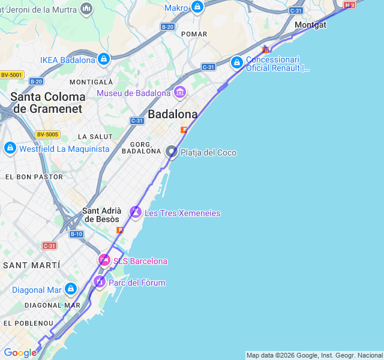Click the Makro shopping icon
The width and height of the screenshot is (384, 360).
coord(197,7)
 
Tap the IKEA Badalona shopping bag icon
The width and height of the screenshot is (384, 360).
coord(104,59)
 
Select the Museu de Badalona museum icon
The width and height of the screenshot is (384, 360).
coord(179,92)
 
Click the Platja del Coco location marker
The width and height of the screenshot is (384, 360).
coord(172,152)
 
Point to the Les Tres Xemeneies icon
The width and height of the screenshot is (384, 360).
coord(136,212)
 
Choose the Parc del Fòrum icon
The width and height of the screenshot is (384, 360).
coord(100,282)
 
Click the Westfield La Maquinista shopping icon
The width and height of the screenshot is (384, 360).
coord(10,148)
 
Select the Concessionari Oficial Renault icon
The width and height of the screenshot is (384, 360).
coord(237,62)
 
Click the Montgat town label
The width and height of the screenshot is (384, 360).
coord(310,25)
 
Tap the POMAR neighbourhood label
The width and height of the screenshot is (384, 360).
coord(194,34)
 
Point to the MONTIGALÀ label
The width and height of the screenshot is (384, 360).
coord(91,82)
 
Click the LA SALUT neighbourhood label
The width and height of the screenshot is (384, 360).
coord(91,137)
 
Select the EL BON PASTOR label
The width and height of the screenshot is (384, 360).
coord(34,177)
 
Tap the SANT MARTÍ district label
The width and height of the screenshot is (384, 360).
coord(32,265)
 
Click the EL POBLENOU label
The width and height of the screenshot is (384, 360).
coord(25,323)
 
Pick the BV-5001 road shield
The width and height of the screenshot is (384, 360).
coord(11,74)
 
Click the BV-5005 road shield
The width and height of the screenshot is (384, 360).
coord(47,134)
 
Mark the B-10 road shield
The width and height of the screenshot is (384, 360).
coord(76,234)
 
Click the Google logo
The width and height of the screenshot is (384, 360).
coord(20,353)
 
